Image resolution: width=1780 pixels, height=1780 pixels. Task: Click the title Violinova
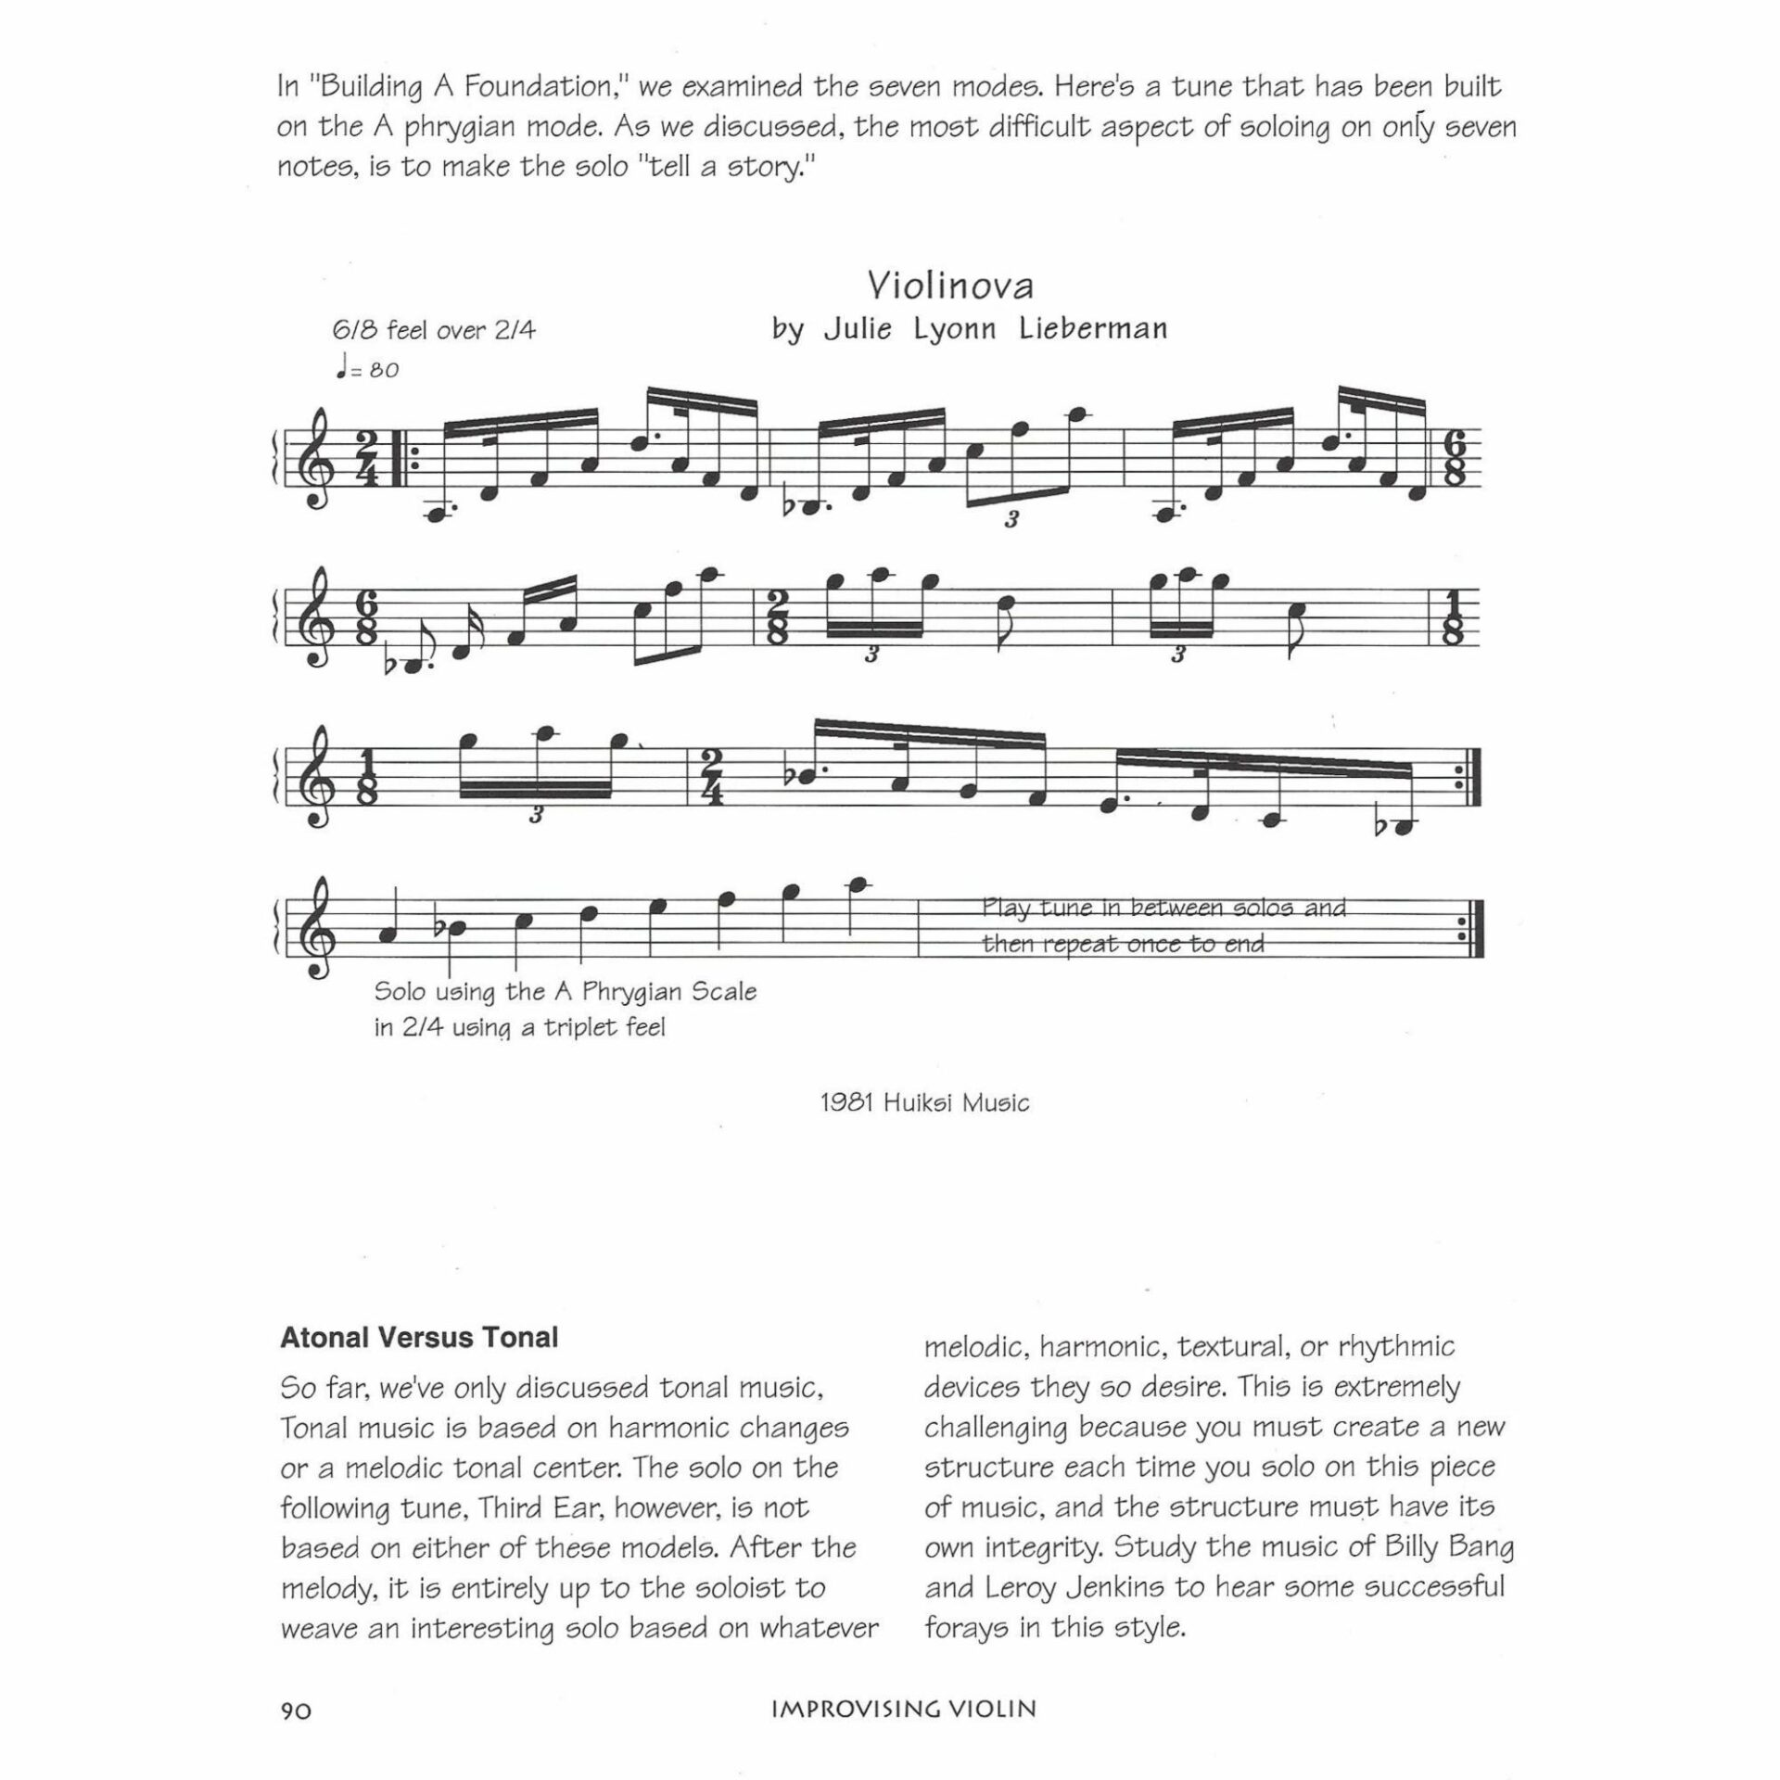(x=950, y=286)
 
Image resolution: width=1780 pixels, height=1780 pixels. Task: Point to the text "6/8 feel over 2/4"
(x=434, y=330)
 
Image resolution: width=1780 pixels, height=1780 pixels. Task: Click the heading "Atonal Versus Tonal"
(x=419, y=1338)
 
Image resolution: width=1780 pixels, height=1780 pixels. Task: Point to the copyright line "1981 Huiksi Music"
(x=924, y=1102)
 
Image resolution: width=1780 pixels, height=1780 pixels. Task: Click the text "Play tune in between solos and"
(x=1163, y=908)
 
